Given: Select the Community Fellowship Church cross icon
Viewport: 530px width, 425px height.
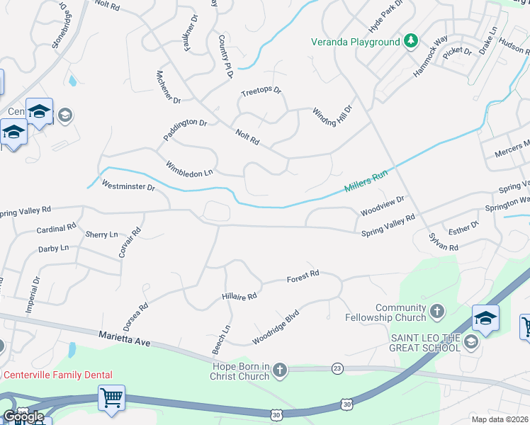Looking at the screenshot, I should tap(438, 310).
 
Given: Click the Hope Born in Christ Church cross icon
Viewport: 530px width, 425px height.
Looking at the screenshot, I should tap(281, 369).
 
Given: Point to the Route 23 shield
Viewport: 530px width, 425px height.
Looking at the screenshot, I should tap(337, 368).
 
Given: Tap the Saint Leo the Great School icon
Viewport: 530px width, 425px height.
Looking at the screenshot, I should tap(470, 343).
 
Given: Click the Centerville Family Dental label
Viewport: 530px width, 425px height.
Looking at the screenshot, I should tap(58, 375).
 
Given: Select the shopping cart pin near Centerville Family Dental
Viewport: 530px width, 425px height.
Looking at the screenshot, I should tap(112, 397).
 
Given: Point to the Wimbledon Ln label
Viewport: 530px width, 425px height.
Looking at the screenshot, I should tap(189, 169).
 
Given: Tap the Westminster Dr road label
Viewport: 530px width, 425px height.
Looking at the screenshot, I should tap(128, 186).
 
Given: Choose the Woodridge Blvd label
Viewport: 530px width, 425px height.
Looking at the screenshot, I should tap(276, 326).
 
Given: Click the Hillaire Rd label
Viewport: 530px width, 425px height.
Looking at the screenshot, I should tap(239, 296).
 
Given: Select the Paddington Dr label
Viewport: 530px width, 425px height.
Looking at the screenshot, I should tap(184, 127).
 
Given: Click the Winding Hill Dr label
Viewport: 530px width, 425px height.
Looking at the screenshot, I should tap(332, 114).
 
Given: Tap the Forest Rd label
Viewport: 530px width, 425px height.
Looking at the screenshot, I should tap(303, 276).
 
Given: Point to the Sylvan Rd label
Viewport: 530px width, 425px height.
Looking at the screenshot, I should tap(444, 243).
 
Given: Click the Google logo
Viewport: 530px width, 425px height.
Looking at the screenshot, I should tap(23, 416).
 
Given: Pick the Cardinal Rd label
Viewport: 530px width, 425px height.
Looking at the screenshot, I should tap(56, 229).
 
